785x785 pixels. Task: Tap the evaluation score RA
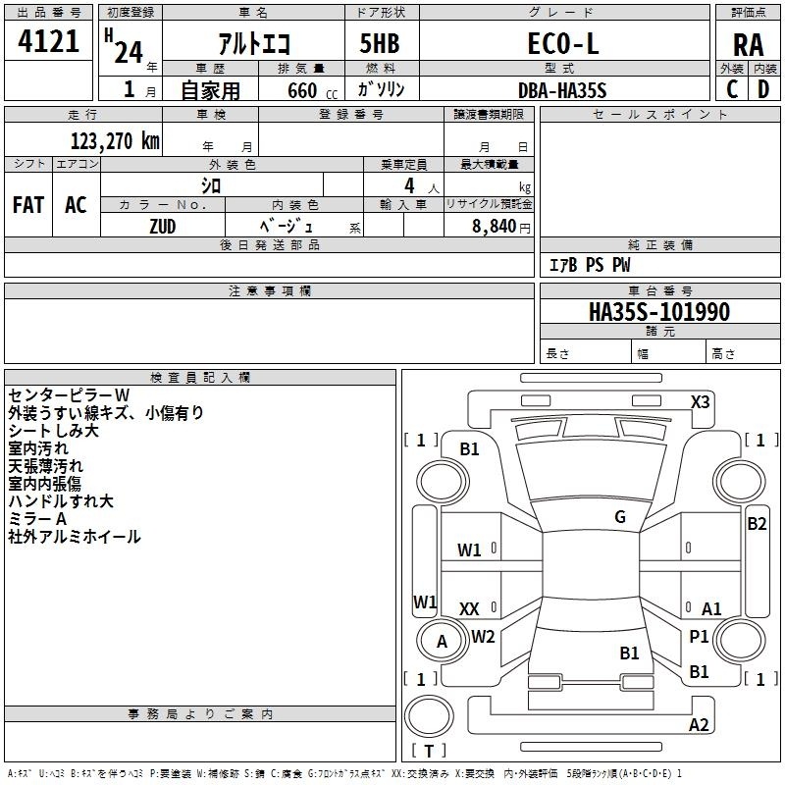click(x=748, y=45)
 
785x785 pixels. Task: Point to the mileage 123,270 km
click(x=115, y=140)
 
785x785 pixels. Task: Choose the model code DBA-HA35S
click(x=562, y=89)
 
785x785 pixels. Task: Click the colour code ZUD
click(x=162, y=225)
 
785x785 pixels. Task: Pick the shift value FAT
click(x=27, y=205)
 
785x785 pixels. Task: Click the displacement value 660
click(x=301, y=89)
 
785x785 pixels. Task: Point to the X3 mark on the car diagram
click(x=701, y=401)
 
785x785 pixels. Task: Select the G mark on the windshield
click(x=620, y=517)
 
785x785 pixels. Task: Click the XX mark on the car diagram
click(x=469, y=608)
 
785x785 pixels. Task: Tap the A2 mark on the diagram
click(x=699, y=725)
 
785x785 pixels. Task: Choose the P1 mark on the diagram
click(x=699, y=637)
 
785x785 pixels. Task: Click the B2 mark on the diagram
click(x=757, y=523)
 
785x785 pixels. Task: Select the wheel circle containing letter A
click(x=441, y=642)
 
